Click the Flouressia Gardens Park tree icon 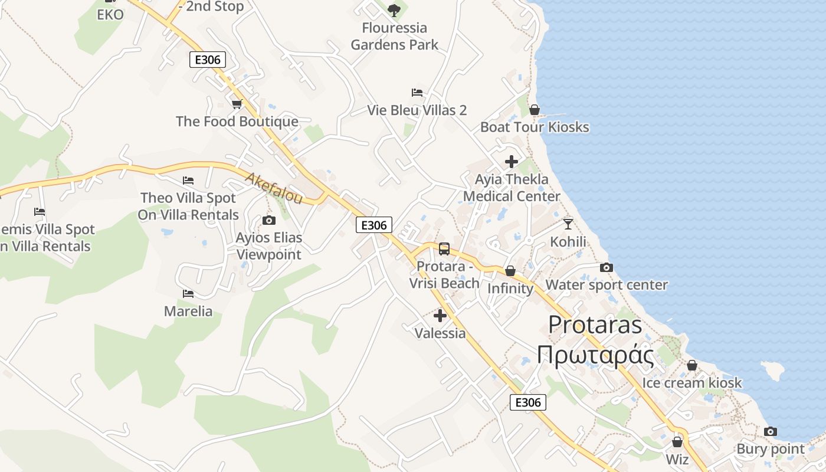[x=394, y=10]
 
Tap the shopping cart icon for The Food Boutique [x=237, y=104]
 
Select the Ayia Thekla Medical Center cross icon [x=512, y=162]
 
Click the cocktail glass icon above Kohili [x=568, y=224]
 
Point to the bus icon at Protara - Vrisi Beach [x=444, y=249]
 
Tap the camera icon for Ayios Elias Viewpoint [x=269, y=221]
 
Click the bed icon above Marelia [x=188, y=293]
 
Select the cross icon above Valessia [x=440, y=316]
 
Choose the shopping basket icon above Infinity [x=510, y=271]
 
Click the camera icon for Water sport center [x=606, y=268]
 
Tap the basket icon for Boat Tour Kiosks [x=535, y=110]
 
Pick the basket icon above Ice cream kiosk [x=692, y=365]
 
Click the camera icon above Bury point [x=771, y=432]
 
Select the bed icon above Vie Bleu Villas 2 [x=417, y=93]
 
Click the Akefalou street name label [x=274, y=188]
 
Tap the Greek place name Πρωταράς [x=596, y=356]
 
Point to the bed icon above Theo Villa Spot [x=188, y=181]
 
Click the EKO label [x=110, y=15]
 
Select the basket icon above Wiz [x=677, y=441]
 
